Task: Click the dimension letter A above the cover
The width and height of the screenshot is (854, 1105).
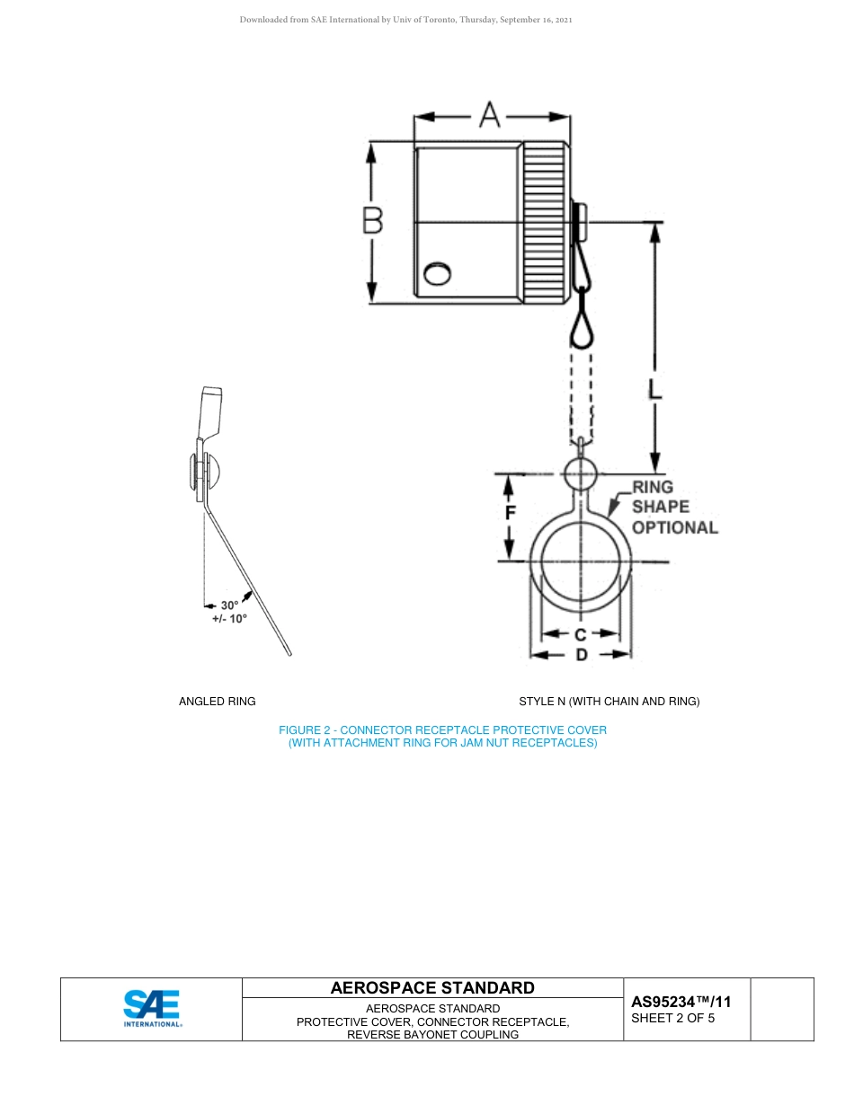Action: coord(490,115)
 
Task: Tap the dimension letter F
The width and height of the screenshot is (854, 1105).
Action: coord(510,514)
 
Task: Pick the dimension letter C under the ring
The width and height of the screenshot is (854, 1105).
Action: coord(581,634)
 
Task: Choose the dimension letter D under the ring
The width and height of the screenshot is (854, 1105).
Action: coord(582,655)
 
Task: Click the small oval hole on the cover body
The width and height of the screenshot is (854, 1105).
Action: coord(438,273)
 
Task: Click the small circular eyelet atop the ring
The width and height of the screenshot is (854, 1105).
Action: coord(581,473)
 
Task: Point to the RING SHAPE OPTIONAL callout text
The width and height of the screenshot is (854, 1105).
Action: coord(673,508)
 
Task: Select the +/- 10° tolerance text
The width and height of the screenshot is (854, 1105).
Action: coord(229,619)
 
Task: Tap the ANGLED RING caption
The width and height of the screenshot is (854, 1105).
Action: coord(218,701)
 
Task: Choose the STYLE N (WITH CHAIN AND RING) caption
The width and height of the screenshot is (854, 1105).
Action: coord(609,701)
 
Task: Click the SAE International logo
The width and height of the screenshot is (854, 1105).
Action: coord(152,1009)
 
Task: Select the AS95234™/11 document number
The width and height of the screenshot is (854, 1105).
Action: coord(681,1002)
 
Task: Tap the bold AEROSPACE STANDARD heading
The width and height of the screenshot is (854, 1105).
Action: coord(432,988)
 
